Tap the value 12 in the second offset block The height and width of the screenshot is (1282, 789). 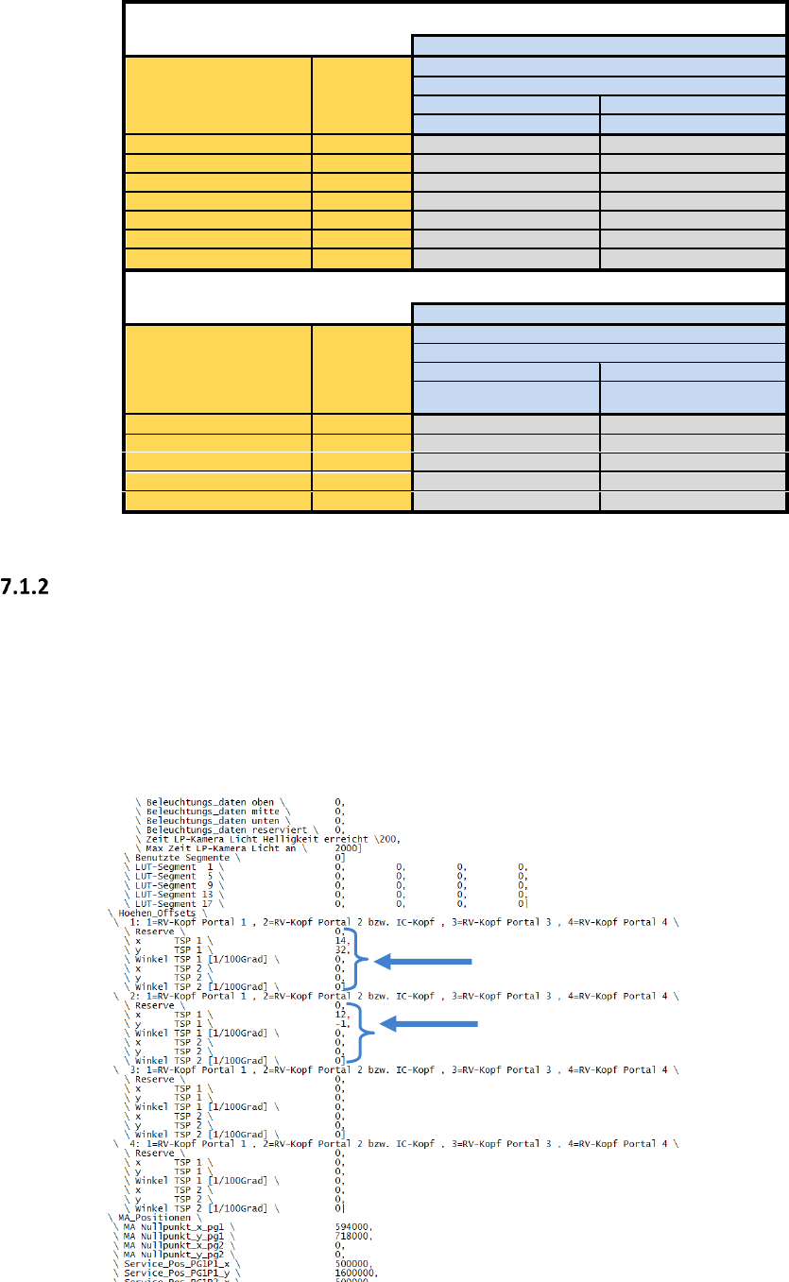(341, 1014)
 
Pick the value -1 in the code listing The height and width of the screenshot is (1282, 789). (341, 1024)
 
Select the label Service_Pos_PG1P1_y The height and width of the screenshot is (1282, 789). (176, 1273)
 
